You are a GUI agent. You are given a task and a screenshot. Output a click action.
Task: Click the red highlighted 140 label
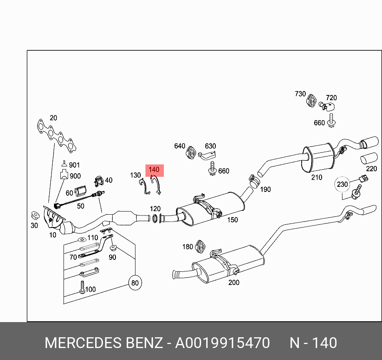coord(154,170)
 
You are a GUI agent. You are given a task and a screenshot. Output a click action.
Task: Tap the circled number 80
coord(135,283)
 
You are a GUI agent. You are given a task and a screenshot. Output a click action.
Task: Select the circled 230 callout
coord(342,184)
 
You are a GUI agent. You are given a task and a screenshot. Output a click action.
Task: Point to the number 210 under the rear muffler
coord(316,177)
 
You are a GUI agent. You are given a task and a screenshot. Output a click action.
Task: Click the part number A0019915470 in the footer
coord(222,343)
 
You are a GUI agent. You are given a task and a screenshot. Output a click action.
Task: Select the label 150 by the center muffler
coord(232,220)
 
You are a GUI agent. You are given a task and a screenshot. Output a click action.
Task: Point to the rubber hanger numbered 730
coord(311,101)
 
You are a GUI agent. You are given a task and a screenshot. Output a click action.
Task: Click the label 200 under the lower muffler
coord(234,283)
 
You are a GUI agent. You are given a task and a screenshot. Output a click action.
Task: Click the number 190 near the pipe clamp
coord(265,189)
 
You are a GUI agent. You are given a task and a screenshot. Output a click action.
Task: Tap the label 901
coord(74,165)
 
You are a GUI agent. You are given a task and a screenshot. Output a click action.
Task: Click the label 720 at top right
coord(331,98)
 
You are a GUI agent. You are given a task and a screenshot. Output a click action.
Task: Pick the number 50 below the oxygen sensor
coord(81,206)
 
